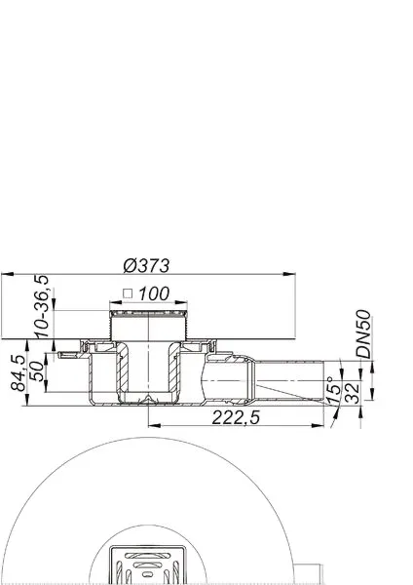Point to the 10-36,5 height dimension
pos(43,306)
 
